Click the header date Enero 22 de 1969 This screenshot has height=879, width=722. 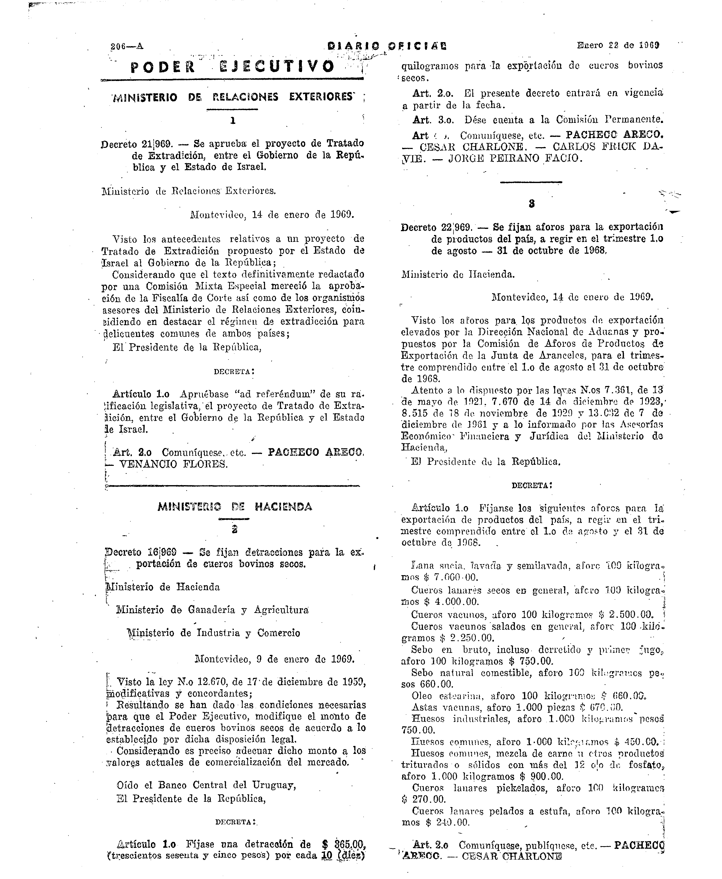click(x=618, y=45)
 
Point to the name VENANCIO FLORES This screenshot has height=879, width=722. click(x=173, y=464)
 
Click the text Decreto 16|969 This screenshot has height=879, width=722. click(x=141, y=552)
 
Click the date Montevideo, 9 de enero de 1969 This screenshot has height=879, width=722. click(x=275, y=659)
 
